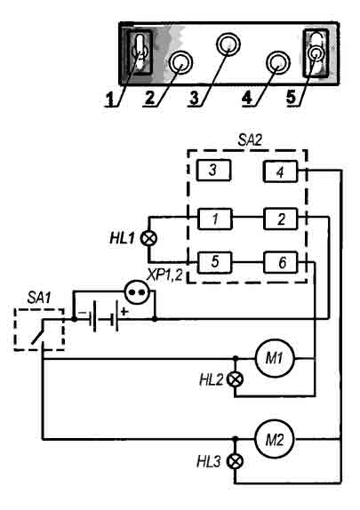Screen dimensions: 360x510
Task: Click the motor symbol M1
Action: (275, 358)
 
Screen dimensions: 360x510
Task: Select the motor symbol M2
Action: (275, 440)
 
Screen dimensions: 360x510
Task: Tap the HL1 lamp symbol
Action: (148, 239)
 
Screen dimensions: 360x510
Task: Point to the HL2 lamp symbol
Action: (236, 379)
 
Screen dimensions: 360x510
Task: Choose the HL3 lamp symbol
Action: (235, 461)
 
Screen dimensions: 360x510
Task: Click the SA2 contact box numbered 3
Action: (214, 170)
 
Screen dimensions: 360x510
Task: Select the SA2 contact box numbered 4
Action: (280, 171)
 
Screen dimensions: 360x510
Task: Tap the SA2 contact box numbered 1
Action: (215, 219)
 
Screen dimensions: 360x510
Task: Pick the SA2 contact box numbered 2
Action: (281, 219)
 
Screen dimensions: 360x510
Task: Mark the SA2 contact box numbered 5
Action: (215, 262)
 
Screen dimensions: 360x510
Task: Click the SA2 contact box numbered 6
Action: (281, 262)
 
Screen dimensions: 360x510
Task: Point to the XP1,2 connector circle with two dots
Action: (137, 291)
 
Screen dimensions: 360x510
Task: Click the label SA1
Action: (39, 298)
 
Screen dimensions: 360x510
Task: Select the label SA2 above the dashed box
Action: (250, 140)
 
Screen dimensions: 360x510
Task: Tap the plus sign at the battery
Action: (124, 312)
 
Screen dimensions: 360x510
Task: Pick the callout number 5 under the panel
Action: (292, 97)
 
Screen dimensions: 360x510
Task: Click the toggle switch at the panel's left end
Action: (140, 52)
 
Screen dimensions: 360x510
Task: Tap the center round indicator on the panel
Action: (228, 44)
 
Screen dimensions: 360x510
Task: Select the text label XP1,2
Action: (165, 276)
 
